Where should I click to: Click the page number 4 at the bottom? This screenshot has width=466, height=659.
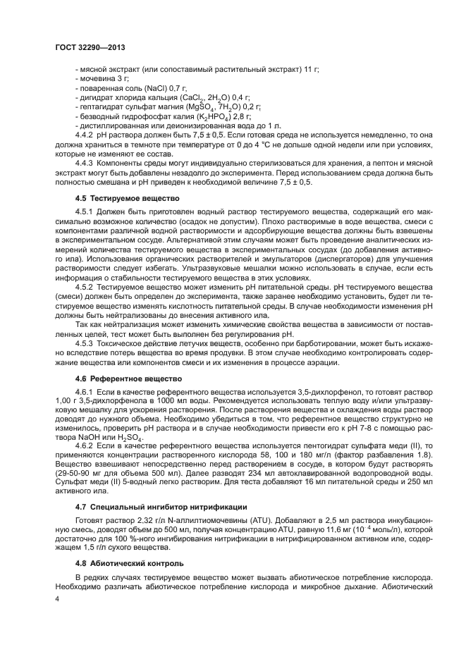(58, 599)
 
